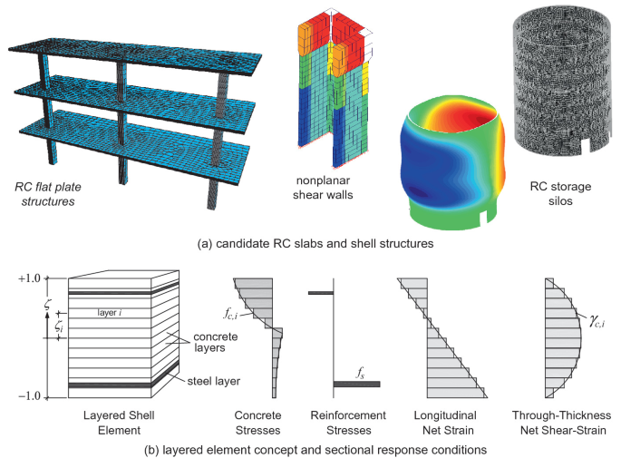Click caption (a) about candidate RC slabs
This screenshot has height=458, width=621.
[x=311, y=244]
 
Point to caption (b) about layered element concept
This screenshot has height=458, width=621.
[x=311, y=449]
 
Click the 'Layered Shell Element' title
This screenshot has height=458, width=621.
[x=114, y=422]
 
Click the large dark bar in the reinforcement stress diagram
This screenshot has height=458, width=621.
[x=356, y=384]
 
